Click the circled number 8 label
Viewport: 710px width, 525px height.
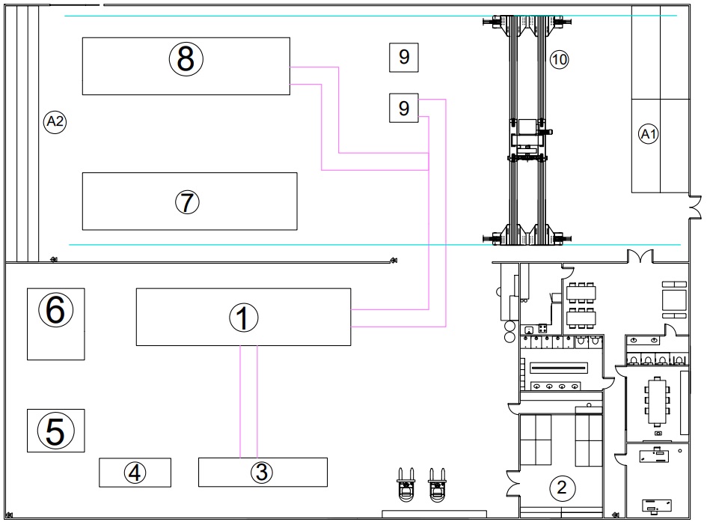[x=186, y=59]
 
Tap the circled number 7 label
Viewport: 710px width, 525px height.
[x=187, y=202]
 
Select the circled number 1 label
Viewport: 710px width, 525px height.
[x=244, y=318]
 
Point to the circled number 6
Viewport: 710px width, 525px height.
[x=55, y=310]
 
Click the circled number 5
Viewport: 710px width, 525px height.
[x=55, y=431]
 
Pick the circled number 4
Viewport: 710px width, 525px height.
[x=135, y=473]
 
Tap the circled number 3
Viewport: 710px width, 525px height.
[x=262, y=472]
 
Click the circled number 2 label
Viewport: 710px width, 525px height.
[x=562, y=488]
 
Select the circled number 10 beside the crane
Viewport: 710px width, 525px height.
[x=559, y=59]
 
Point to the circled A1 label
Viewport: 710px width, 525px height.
[x=648, y=134]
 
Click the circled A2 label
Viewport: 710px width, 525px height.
[x=55, y=121]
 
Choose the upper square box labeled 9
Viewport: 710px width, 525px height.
[x=404, y=58]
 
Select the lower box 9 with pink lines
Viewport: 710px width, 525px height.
[x=404, y=108]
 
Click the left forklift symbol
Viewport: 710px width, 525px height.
[x=406, y=485]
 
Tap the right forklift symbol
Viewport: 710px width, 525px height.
[x=437, y=485]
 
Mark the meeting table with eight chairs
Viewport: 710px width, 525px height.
[x=657, y=401]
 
